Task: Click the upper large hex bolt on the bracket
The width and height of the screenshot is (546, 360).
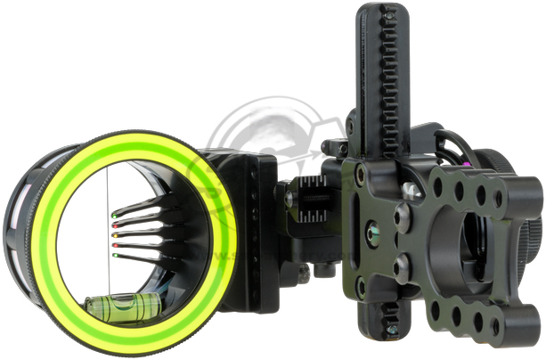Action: pos(403,214)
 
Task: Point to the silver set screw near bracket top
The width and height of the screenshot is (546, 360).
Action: pos(411,189)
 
